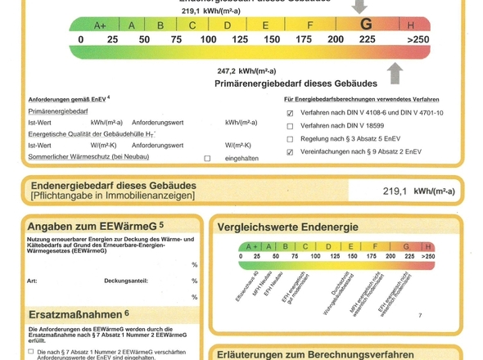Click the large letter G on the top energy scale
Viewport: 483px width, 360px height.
click(366, 24)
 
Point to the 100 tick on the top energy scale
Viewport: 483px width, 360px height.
click(208, 39)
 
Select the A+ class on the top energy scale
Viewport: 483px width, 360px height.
click(101, 25)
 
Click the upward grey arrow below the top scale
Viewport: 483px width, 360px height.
click(395, 74)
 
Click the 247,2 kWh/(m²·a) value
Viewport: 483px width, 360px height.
click(246, 71)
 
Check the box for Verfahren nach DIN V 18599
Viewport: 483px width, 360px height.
click(290, 127)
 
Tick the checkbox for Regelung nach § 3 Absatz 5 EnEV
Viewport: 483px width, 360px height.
click(290, 139)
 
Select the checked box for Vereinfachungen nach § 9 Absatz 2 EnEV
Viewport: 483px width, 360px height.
click(290, 152)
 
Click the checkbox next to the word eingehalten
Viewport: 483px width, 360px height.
click(206, 158)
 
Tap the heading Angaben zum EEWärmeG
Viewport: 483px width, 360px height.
click(95, 225)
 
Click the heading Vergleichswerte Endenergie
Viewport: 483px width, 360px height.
click(287, 227)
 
